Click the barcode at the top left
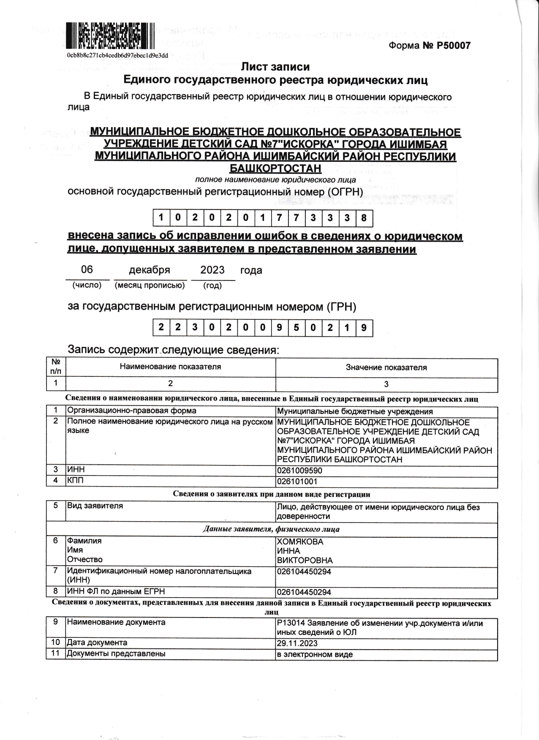[109, 36]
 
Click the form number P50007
[429, 46]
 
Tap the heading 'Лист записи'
[275, 67]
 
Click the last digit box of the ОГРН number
[364, 218]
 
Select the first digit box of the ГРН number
[161, 328]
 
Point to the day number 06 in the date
[87, 269]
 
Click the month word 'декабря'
[150, 270]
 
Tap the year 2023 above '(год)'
[212, 270]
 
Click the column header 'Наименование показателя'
[170, 367]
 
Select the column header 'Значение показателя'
[386, 367]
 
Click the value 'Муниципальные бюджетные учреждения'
[354, 411]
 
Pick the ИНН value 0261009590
[299, 471]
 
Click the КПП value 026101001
[297, 482]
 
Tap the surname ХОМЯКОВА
[300, 542]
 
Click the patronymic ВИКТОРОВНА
[305, 560]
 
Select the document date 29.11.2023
[297, 643]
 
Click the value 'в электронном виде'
[314, 654]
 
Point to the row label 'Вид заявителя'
[95, 506]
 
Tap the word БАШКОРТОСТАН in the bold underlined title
[275, 169]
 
